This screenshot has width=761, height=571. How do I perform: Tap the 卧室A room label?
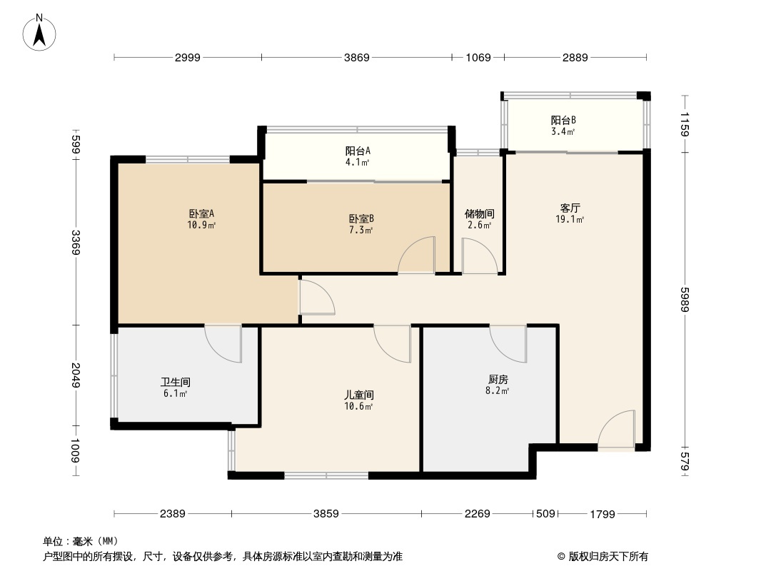click(x=202, y=213)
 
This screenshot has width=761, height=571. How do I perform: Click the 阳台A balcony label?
click(x=358, y=151)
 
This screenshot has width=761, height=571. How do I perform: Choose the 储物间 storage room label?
click(x=479, y=214)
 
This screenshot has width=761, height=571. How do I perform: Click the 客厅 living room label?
click(x=570, y=208)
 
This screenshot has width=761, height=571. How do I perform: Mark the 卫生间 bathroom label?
click(x=176, y=383)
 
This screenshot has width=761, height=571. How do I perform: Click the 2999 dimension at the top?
click(x=188, y=58)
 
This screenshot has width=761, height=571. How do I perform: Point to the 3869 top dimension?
click(x=356, y=58)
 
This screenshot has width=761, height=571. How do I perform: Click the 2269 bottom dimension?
click(x=477, y=513)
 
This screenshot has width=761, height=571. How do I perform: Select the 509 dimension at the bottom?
click(x=545, y=513)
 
